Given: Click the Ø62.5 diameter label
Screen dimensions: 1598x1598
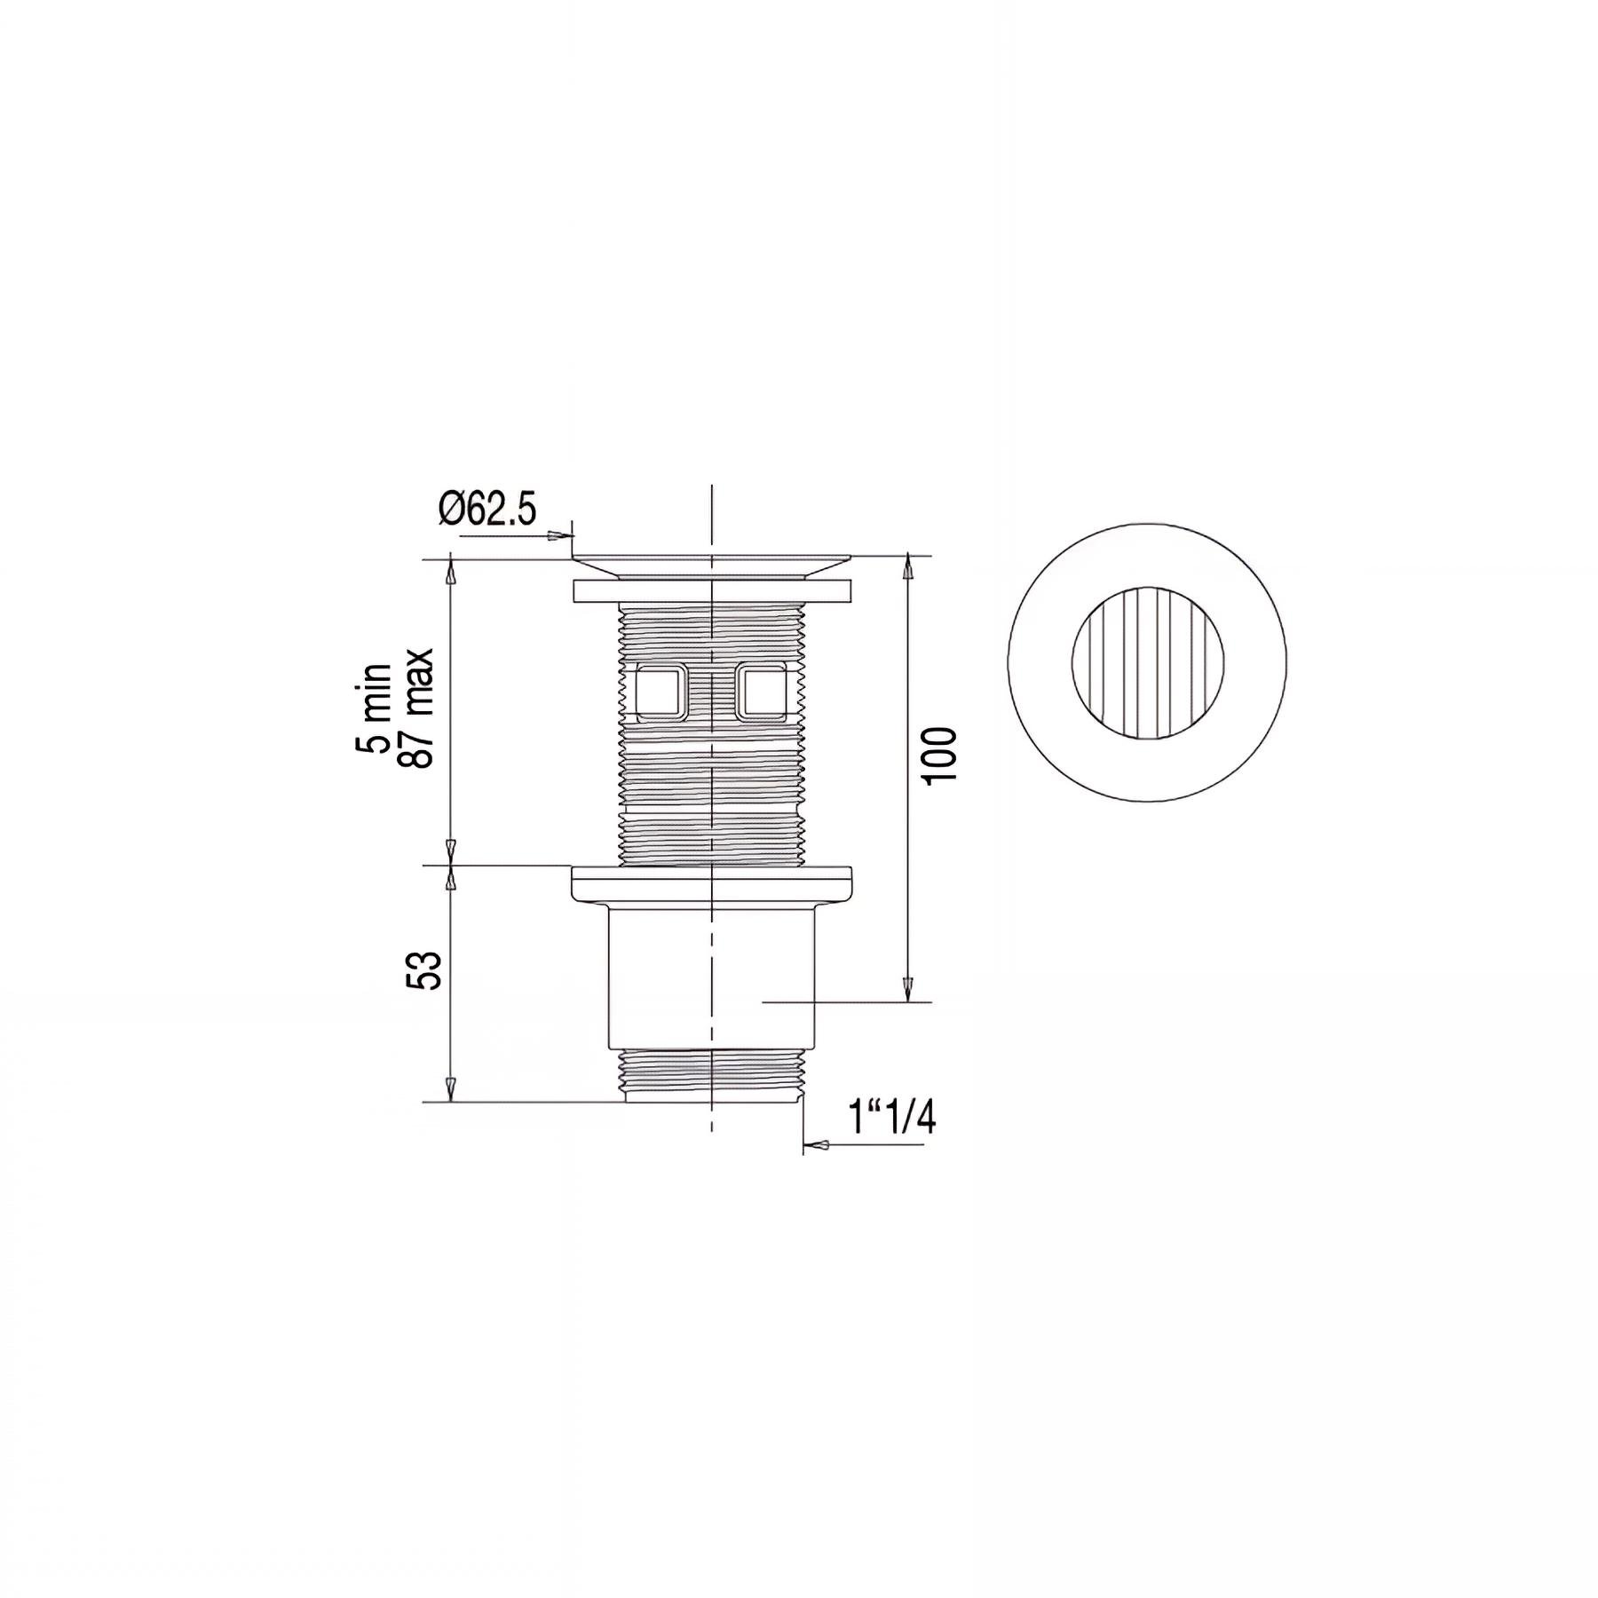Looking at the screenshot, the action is (487, 510).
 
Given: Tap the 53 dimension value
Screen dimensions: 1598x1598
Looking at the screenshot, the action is (423, 970).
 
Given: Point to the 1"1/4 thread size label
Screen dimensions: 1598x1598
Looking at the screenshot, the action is (892, 1118).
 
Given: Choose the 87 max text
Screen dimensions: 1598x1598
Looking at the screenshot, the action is (415, 708).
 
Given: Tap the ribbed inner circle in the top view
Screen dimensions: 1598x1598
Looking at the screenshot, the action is (1146, 662).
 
